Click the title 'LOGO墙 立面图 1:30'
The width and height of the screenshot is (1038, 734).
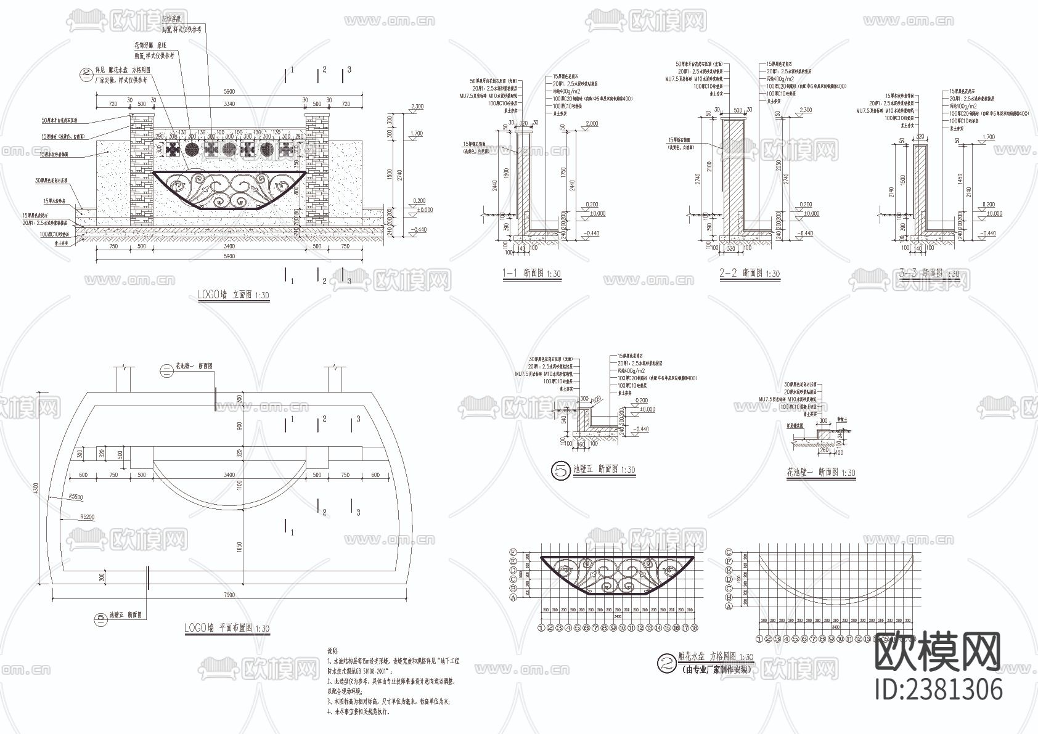point(233,295)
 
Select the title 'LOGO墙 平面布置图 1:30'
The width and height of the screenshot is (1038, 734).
point(226,628)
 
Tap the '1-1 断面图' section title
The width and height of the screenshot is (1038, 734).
point(531,274)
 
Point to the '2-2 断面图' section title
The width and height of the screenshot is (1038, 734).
point(749,274)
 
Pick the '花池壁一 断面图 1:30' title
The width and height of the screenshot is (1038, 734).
point(820,473)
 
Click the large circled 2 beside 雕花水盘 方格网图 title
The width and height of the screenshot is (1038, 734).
point(666,663)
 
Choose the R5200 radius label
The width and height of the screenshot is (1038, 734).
point(86,517)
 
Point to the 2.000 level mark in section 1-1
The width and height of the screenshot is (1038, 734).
point(591,124)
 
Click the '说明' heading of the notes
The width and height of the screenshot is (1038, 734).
point(332,650)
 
